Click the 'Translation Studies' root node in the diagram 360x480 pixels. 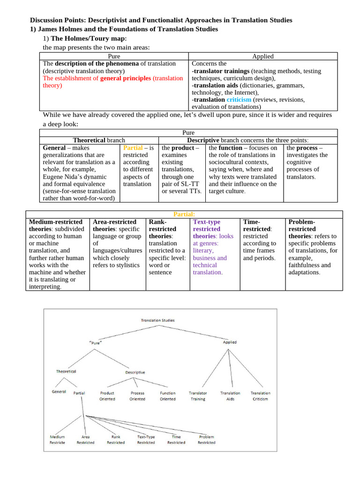point(157,321)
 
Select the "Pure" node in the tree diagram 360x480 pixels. point(96,343)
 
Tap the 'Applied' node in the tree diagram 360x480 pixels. point(229,342)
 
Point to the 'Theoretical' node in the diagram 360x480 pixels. point(66,371)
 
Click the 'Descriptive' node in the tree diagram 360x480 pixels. point(135,372)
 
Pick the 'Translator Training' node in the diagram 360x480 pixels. point(197,396)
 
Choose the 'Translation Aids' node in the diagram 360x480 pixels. point(230,396)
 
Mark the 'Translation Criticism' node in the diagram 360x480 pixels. point(260,396)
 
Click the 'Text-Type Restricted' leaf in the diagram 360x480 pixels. point(146,439)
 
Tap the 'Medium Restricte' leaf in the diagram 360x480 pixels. point(57,439)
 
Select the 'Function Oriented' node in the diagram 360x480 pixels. point(167,396)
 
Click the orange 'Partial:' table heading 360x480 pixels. point(184,214)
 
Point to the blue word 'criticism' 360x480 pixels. point(239,100)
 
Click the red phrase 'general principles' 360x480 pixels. point(126,78)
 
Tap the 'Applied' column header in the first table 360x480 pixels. point(262,56)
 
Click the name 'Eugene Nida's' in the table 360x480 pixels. point(64,177)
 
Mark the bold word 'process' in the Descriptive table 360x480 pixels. point(307,148)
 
